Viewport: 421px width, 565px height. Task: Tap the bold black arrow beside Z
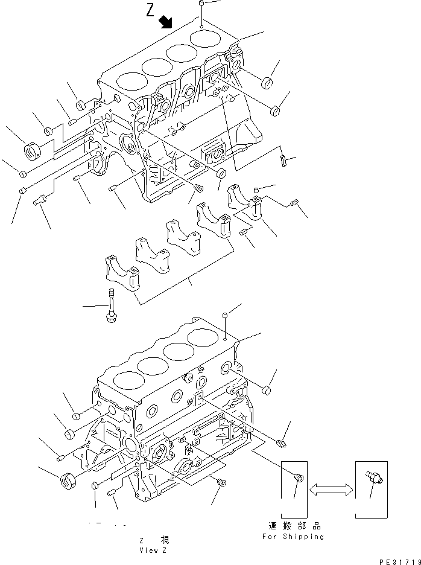(165, 22)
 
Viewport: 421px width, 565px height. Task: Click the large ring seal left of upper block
(31, 148)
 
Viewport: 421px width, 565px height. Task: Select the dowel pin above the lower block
(224, 315)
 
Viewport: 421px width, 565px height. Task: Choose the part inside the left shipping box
(297, 477)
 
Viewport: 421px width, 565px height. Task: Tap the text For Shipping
(293, 537)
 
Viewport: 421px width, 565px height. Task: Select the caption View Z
(148, 551)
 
